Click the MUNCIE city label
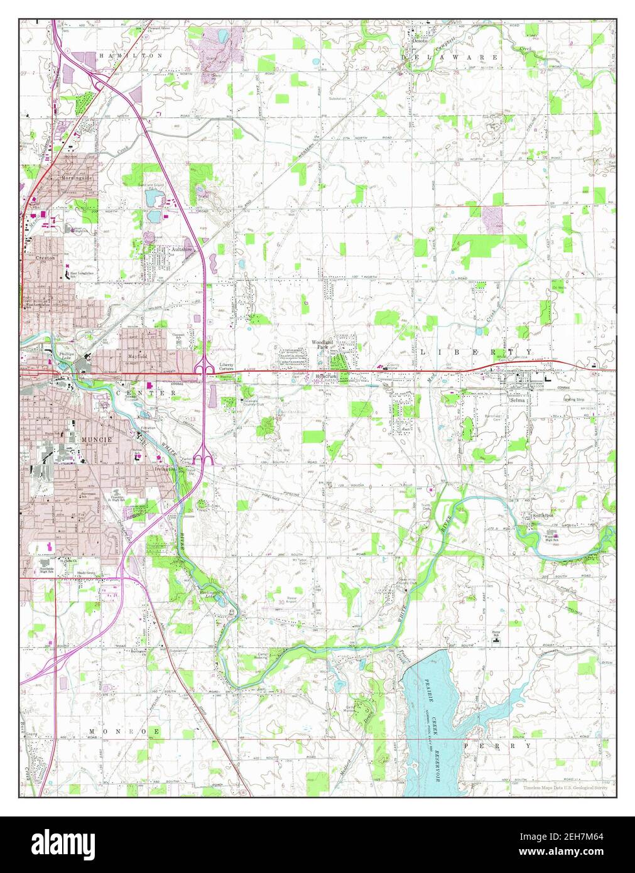96,440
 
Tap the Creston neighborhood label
45,258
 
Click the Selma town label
518,400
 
